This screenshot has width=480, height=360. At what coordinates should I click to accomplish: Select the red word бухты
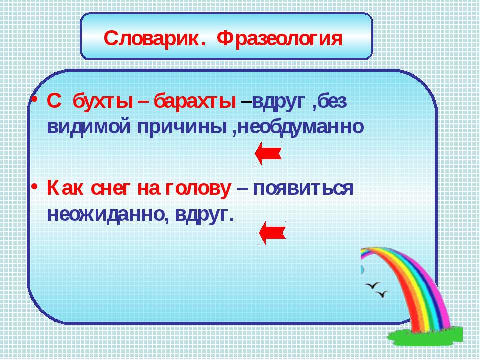pyautogui.click(x=103, y=101)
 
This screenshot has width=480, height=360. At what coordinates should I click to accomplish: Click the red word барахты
pyautogui.click(x=194, y=101)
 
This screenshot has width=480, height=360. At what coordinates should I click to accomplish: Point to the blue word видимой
pyautogui.click(x=89, y=126)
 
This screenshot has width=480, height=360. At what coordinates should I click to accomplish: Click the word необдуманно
pyautogui.click(x=300, y=126)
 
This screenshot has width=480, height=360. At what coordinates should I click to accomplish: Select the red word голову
pyautogui.click(x=198, y=189)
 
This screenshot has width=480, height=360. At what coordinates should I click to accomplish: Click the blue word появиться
pyautogui.click(x=303, y=188)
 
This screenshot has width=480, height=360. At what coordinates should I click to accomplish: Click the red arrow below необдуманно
pyautogui.click(x=268, y=153)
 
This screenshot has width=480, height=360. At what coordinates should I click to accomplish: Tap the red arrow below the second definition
pyautogui.click(x=272, y=233)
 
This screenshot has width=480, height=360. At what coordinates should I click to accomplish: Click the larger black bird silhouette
pyautogui.click(x=373, y=285)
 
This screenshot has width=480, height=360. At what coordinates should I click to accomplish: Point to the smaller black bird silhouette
pyautogui.click(x=382, y=294)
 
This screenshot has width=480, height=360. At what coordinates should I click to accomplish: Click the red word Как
pyautogui.click(x=65, y=189)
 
